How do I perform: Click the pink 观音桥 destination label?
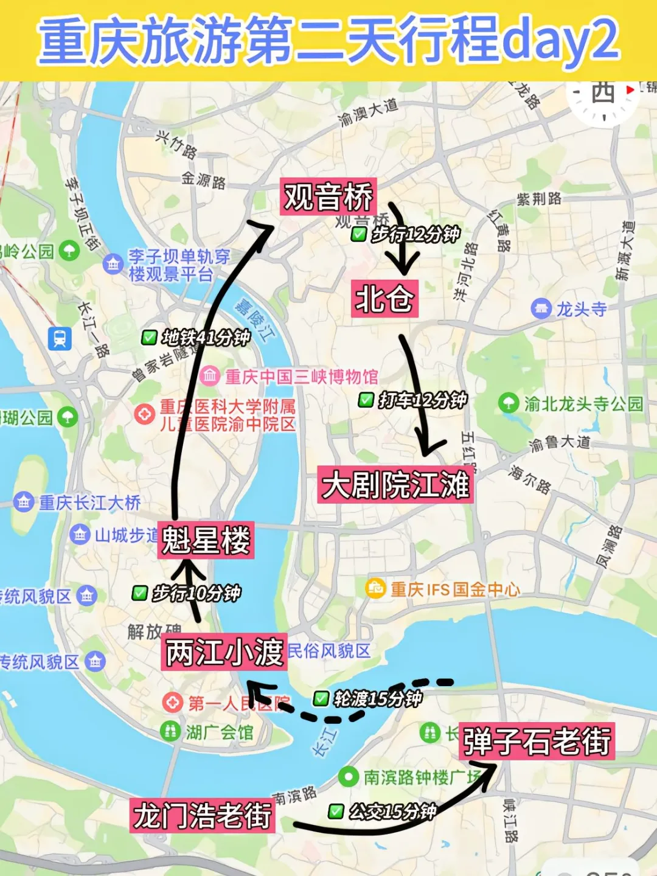328,196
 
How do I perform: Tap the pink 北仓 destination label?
384,298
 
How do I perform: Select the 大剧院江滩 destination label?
395,485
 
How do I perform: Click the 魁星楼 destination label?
206,540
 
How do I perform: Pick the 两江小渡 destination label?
224,652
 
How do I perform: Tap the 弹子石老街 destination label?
537,741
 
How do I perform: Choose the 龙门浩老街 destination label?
202,815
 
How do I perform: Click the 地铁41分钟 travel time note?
204,338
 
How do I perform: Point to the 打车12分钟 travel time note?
422,400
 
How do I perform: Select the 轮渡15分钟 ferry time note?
377,698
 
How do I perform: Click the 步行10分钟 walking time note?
195,593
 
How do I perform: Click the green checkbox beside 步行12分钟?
359,234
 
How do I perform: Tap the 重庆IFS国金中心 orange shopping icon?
375,588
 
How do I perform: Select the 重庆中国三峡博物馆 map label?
301,377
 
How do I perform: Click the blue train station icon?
60,338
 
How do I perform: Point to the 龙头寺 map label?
581,309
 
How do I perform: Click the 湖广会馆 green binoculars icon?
170,731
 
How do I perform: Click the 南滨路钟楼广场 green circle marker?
348,776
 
